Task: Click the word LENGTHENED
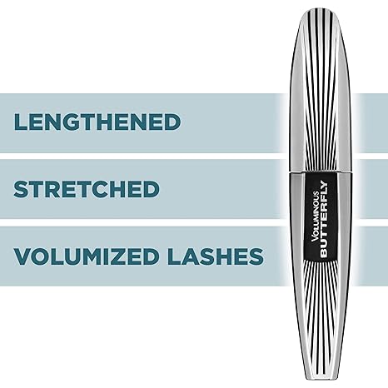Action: point(97,122)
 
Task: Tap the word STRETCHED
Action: point(87,189)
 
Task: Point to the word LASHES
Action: point(216,256)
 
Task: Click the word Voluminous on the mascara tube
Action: point(316,216)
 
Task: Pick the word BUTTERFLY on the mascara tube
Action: point(325,219)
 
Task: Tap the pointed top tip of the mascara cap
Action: point(321,9)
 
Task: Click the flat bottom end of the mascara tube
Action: point(321,379)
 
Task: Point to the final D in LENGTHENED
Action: point(172,122)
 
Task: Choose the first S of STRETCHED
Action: point(22,189)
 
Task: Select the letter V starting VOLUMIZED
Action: point(22,256)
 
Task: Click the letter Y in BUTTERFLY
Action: point(325,185)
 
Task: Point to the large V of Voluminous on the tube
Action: point(316,238)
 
